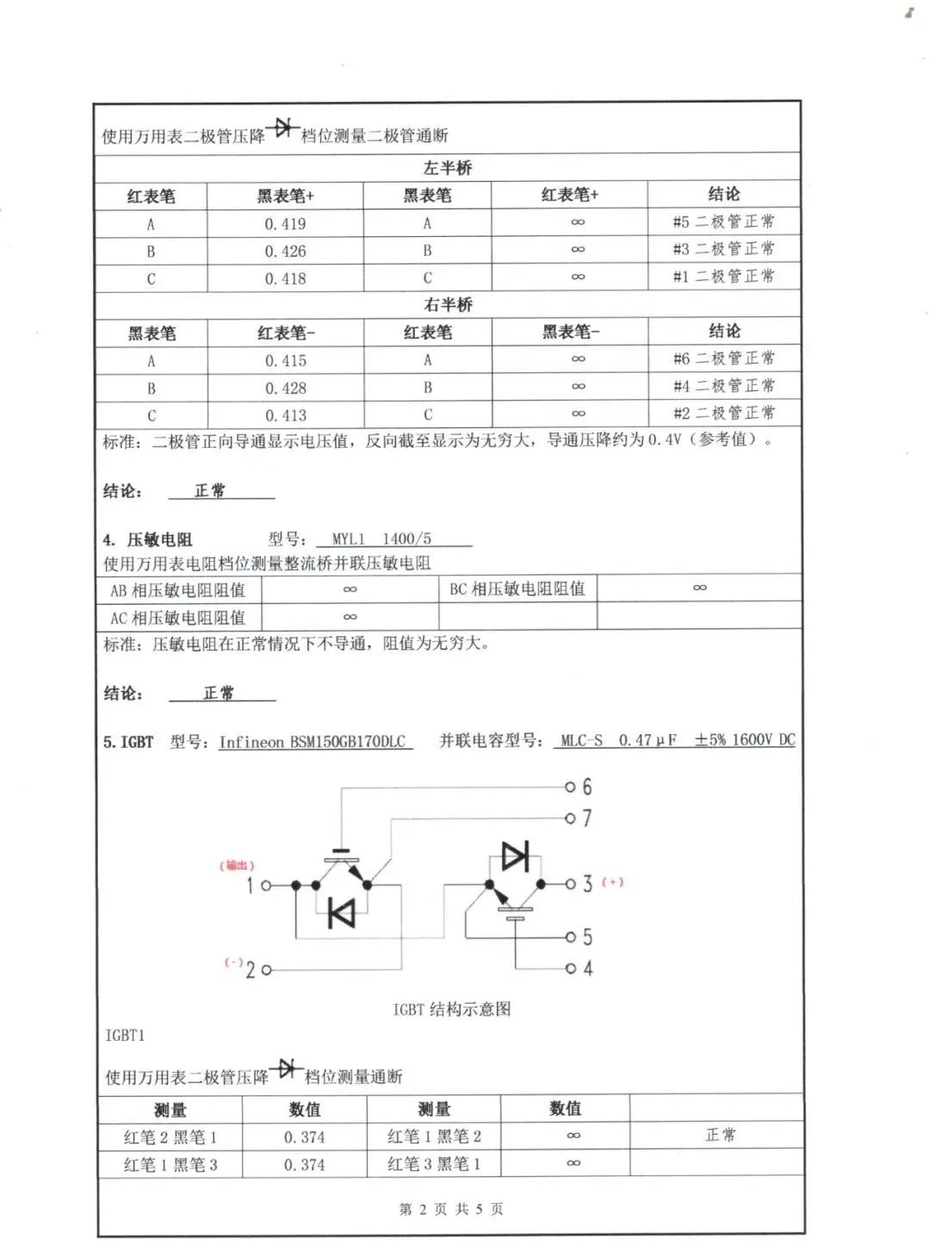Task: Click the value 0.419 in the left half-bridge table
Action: click(285, 224)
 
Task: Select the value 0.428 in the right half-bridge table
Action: click(285, 389)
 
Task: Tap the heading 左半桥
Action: click(448, 168)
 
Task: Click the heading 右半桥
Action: click(448, 305)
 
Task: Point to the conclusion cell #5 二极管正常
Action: click(723, 222)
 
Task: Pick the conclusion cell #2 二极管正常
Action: click(723, 414)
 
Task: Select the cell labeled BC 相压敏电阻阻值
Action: click(517, 589)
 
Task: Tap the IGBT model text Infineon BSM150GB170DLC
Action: click(312, 742)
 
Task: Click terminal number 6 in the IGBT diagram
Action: click(587, 787)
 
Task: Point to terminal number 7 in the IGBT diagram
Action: click(587, 818)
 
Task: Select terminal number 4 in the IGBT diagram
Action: click(588, 969)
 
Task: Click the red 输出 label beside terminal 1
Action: click(237, 865)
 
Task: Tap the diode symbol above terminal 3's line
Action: click(515, 857)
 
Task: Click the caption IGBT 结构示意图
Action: click(452, 1009)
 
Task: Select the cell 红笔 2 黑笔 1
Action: click(170, 1137)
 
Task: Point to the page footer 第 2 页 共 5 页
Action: click(451, 1210)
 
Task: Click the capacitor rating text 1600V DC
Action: click(763, 740)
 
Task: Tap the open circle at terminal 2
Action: click(266, 970)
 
